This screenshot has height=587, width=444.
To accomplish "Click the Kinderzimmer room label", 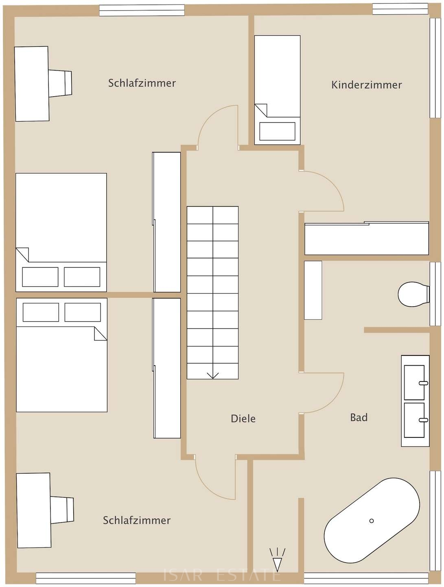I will pyautogui.click(x=366, y=85).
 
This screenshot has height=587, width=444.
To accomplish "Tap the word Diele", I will pyautogui.click(x=243, y=418).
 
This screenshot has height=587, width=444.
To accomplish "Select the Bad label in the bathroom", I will pyautogui.click(x=359, y=417).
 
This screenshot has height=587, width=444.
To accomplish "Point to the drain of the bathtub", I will pyautogui.click(x=371, y=521).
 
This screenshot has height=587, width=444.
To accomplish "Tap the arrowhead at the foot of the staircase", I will pyautogui.click(x=212, y=375).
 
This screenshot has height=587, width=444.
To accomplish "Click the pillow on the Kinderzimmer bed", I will pyautogui.click(x=277, y=131).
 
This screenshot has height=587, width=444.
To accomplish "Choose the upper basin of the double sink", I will pyautogui.click(x=414, y=382).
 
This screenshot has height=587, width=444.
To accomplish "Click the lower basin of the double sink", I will pyautogui.click(x=414, y=420).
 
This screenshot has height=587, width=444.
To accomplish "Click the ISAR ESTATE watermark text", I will pyautogui.click(x=222, y=575).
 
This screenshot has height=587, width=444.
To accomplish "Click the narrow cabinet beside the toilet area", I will pyautogui.click(x=313, y=290).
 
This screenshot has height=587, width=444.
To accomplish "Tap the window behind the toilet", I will pyautogui.click(x=435, y=293).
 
